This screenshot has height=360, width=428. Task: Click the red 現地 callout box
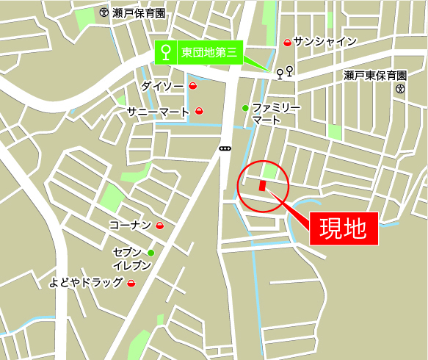coord(342,228)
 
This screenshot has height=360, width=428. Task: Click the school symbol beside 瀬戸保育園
coord(104,12)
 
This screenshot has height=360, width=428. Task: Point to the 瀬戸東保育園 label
coord(375,76)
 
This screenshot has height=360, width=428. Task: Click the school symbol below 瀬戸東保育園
coord(400,89)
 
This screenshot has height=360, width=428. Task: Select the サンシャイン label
coord(324,42)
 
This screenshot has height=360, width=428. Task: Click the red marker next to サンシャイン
coord(287,43)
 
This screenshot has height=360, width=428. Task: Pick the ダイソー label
coord(162,86)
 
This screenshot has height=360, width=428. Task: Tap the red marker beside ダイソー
coord(193,87)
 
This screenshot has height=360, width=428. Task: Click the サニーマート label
coord(158,111)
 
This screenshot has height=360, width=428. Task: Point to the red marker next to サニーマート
coord(199,112)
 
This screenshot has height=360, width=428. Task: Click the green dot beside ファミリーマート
coord(245,109)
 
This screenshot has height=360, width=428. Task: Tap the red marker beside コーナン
coord(160,226)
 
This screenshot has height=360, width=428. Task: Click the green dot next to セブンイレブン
coord(150,253)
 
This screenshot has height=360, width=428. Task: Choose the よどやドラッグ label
coord(86,282)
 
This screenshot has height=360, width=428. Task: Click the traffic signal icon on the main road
coord(225,148)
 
